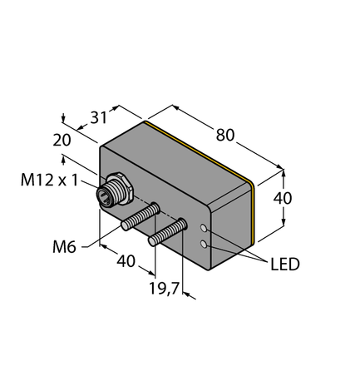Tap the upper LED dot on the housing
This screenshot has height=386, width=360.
(x=205, y=227)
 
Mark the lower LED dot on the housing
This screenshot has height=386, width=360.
(x=205, y=244)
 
